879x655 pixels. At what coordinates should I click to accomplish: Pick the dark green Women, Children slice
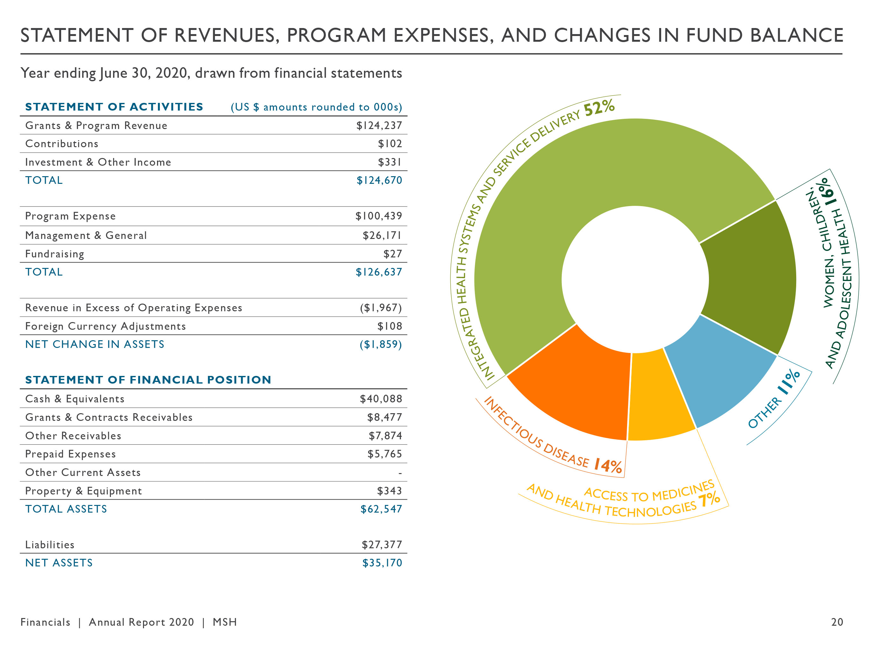pos(749,277)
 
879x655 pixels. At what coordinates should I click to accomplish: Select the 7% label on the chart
pos(709,500)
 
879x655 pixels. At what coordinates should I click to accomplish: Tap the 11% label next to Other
pos(789,381)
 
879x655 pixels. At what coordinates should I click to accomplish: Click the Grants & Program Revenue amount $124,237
pos(379,126)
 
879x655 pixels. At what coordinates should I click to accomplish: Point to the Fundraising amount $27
pos(392,254)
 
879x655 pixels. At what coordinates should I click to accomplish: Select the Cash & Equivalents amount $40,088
pos(381,399)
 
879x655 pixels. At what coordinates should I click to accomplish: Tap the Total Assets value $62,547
pos(381,509)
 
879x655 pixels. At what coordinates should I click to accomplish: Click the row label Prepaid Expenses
pos(70,454)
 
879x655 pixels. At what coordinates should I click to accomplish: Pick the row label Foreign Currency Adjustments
pos(105,326)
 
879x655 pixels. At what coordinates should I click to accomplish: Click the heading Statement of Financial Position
pos(148,380)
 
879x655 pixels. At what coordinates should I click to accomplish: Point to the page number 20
pos(837,622)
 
